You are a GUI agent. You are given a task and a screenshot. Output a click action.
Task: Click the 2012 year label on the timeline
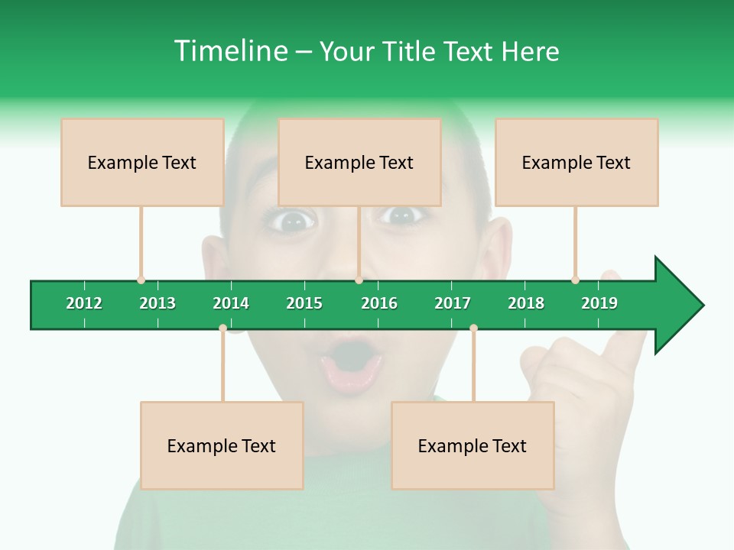pyautogui.click(x=84, y=303)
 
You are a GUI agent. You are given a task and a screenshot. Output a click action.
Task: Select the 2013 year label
pyautogui.click(x=158, y=303)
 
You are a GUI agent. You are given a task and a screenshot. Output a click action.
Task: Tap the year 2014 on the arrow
pyautogui.click(x=231, y=303)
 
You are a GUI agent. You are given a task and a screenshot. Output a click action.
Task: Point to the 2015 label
pyautogui.click(x=304, y=303)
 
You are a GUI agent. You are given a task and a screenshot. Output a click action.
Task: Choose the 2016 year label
pyautogui.click(x=379, y=303)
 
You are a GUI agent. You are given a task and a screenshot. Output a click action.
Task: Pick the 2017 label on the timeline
pyautogui.click(x=453, y=303)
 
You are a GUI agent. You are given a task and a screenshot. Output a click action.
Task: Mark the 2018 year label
pyautogui.click(x=526, y=303)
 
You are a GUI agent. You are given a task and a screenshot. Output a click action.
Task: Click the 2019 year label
pyautogui.click(x=599, y=303)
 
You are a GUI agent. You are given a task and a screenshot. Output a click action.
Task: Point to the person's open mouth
pyautogui.click(x=352, y=363)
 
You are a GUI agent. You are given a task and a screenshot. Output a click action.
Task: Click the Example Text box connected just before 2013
pyautogui.click(x=142, y=162)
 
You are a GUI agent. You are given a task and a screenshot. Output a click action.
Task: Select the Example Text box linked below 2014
pyautogui.click(x=222, y=445)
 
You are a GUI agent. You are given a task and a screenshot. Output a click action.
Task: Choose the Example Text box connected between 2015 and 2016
pyautogui.click(x=359, y=162)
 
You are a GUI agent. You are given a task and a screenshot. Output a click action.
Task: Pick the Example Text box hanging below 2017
pyautogui.click(x=473, y=445)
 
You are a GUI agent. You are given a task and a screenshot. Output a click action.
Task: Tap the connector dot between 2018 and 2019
pyautogui.click(x=575, y=280)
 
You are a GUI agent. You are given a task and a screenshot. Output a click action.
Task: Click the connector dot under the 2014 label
pyautogui.click(x=222, y=328)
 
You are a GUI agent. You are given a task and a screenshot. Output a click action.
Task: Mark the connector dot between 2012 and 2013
pyautogui.click(x=141, y=280)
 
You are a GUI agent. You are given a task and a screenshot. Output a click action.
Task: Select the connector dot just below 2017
pyautogui.click(x=473, y=328)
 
